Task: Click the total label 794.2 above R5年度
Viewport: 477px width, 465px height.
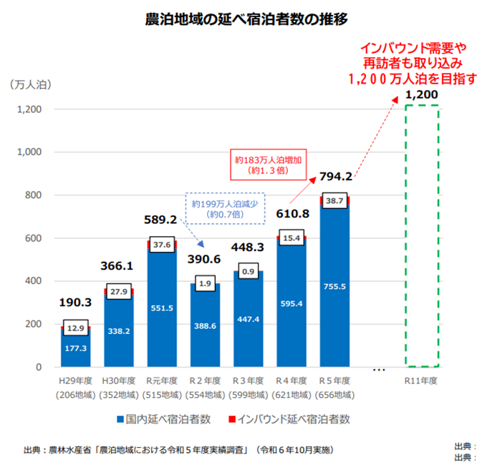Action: point(337,177)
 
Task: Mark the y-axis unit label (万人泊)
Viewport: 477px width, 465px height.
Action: point(32,84)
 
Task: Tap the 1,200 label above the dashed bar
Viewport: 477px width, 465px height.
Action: point(421,94)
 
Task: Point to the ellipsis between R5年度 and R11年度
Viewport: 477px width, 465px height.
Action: point(380,370)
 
